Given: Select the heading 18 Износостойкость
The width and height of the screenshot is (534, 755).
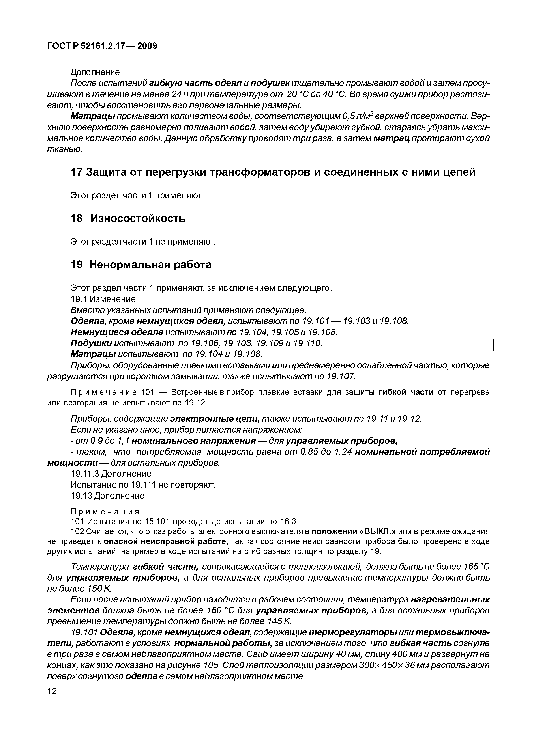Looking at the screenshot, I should click(x=128, y=218).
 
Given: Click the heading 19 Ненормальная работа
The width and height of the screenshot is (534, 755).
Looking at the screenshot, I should click(x=141, y=265).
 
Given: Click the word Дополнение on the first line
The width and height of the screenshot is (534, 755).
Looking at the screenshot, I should click(x=95, y=72).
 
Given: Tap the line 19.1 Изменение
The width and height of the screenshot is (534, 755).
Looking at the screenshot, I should click(x=103, y=299).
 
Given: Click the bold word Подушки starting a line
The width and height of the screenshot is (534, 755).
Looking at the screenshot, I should click(x=91, y=343).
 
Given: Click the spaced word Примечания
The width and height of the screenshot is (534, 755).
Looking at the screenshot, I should click(x=105, y=512).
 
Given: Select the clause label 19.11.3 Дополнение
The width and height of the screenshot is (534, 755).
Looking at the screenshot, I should click(x=111, y=474).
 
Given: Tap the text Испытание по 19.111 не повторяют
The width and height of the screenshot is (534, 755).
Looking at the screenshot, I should click(x=143, y=485).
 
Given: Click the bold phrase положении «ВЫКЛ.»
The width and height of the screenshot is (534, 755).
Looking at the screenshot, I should click(x=354, y=532).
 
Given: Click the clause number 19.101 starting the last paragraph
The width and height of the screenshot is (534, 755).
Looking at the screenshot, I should click(x=84, y=632).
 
